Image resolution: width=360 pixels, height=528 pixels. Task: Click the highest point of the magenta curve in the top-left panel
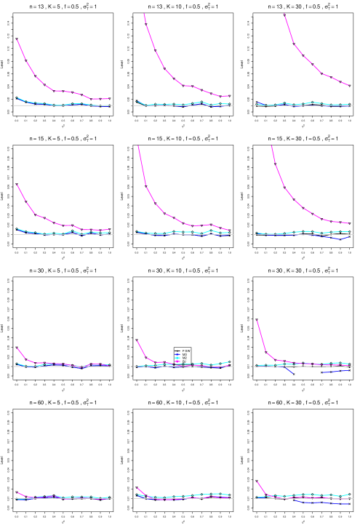coord(17,39)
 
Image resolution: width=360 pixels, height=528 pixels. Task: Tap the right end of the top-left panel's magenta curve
coord(109,98)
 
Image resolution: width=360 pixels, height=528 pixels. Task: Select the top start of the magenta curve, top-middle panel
coord(144,13)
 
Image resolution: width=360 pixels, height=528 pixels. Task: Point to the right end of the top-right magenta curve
coord(348,85)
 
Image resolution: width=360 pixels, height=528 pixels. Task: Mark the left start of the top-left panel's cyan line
coord(17,97)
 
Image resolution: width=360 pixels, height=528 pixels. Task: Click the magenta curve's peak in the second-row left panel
coord(17,185)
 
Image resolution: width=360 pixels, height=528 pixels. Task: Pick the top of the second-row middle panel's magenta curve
coord(138,145)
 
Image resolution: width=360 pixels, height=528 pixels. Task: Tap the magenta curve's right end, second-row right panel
coord(349,223)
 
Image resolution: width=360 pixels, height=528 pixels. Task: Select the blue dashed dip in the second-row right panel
coord(337,239)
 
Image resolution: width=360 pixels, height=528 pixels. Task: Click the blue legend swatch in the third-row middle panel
coord(177,354)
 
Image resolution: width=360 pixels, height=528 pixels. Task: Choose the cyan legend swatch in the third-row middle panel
coord(177,358)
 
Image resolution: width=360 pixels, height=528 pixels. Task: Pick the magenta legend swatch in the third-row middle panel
coord(177,362)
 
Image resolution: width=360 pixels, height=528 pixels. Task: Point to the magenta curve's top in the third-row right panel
coord(257,321)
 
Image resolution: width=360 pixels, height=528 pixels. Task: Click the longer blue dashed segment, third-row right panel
coord(335,372)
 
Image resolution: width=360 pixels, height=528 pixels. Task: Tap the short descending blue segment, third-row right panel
coord(289,371)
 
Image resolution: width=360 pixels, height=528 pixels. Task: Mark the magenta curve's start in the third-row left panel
coord(17,348)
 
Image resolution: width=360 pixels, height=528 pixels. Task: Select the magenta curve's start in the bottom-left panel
coord(17,492)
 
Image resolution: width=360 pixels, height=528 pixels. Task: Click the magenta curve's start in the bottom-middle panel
coord(137,487)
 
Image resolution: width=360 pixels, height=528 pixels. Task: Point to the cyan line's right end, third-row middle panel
coord(229,361)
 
